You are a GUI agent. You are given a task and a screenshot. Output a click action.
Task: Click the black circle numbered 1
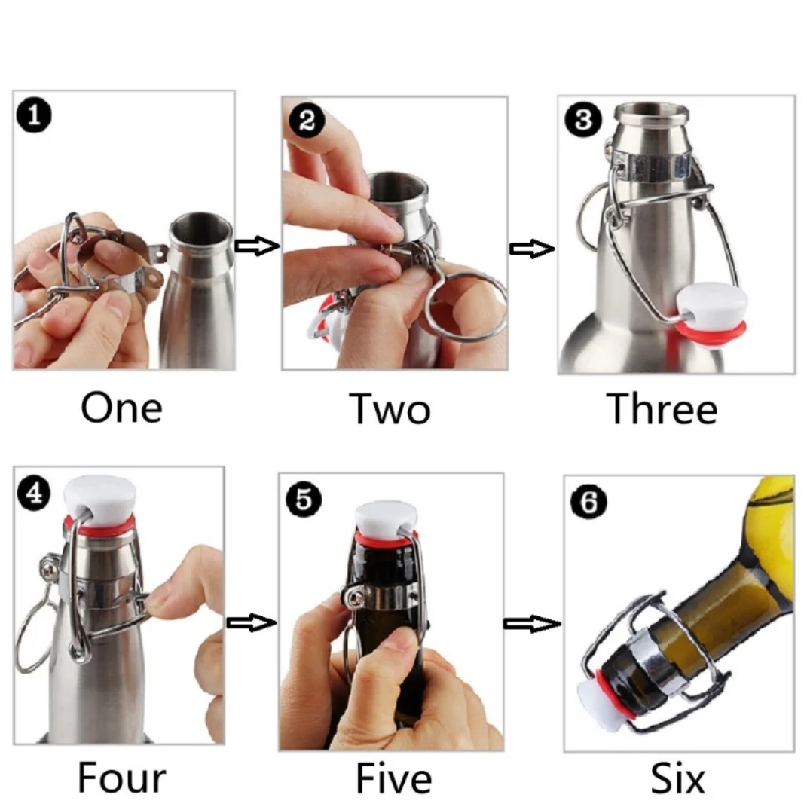coord(34,115)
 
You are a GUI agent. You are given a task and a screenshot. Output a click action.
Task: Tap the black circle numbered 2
coord(307,121)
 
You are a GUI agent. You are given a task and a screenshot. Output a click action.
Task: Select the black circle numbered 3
coord(582,120)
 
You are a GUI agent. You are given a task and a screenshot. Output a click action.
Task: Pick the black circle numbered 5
coord(304,500)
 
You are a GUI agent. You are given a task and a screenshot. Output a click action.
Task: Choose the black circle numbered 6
coord(588,501)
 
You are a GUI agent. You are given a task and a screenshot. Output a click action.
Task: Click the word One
coord(121,408)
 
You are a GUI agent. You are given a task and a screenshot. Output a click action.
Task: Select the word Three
coord(662,408)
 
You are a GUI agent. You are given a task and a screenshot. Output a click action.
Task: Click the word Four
coord(122,777)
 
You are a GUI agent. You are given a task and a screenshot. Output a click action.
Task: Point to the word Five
coord(394,778)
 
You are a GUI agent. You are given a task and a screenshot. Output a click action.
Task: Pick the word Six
coord(677,778)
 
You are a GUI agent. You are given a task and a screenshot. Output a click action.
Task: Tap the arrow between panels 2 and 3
coord(532,249)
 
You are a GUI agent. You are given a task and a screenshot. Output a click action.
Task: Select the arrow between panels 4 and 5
coord(251,622)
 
